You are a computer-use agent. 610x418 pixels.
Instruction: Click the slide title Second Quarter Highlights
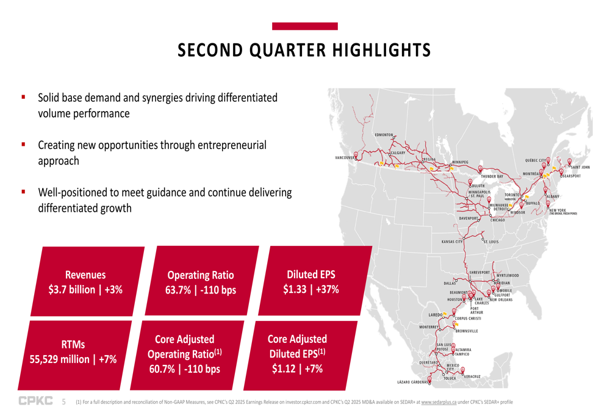tap(304, 50)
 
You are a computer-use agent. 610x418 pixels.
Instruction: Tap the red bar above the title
tap(304, 26)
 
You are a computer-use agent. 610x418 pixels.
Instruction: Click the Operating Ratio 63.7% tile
tap(200, 282)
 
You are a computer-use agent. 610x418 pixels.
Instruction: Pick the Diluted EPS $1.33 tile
tap(310, 281)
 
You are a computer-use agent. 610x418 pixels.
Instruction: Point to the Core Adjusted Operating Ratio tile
tap(184, 354)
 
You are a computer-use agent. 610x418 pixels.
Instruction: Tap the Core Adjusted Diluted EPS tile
tap(297, 354)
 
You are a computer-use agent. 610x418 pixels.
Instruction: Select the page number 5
tap(63, 402)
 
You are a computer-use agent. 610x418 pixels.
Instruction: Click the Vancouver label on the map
tap(345, 158)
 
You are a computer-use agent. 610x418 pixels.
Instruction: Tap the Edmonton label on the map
tap(384, 134)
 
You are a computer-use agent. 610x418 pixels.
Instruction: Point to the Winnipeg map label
tap(460, 162)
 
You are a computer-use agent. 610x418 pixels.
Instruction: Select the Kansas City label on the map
tap(452, 242)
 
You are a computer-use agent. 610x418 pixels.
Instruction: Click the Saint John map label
tap(579, 167)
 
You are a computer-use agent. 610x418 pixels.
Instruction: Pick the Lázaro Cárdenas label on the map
tap(412, 382)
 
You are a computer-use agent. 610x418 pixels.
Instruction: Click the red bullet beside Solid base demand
tap(23, 97)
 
